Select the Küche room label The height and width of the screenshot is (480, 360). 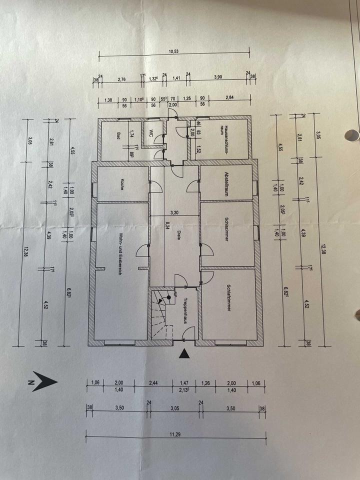[121, 184]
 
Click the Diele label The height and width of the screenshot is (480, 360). [178, 234]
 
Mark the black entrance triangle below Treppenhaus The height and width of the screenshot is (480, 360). [185, 354]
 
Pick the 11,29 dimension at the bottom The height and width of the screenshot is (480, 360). [174, 434]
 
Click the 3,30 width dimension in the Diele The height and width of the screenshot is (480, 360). [174, 212]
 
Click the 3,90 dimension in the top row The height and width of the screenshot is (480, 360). [218, 78]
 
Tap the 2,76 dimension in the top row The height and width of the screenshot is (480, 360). [121, 78]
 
